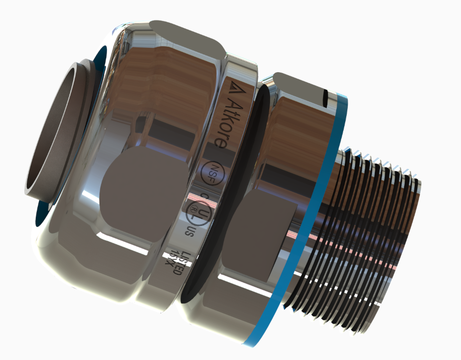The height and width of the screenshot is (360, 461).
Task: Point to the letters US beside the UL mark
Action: pos(189,231)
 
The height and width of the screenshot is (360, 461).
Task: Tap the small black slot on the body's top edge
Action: pos(326,97)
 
